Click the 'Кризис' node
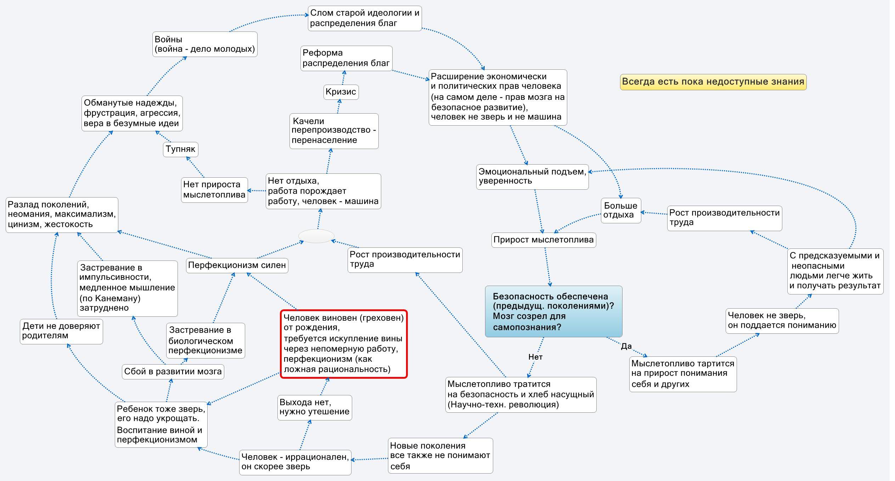click(x=341, y=92)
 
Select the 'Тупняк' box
click(x=180, y=149)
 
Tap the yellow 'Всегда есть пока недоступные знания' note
click(x=713, y=82)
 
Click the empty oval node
click(x=316, y=236)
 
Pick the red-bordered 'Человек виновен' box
click(x=343, y=344)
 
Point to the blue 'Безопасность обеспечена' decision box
click(x=553, y=311)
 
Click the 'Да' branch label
click(x=626, y=347)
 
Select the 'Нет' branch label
click(x=535, y=357)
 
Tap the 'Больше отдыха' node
click(x=620, y=210)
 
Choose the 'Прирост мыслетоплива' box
click(x=543, y=240)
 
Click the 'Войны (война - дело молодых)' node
click(x=205, y=44)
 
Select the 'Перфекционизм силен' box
click(x=237, y=265)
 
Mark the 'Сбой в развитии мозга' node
click(x=173, y=372)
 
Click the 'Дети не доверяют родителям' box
click(x=61, y=331)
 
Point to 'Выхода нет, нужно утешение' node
click(x=314, y=407)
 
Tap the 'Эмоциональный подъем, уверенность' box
click(x=532, y=177)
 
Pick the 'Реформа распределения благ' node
click(x=346, y=58)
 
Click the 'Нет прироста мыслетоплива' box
click(x=214, y=190)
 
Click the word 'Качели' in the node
click(x=308, y=121)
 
